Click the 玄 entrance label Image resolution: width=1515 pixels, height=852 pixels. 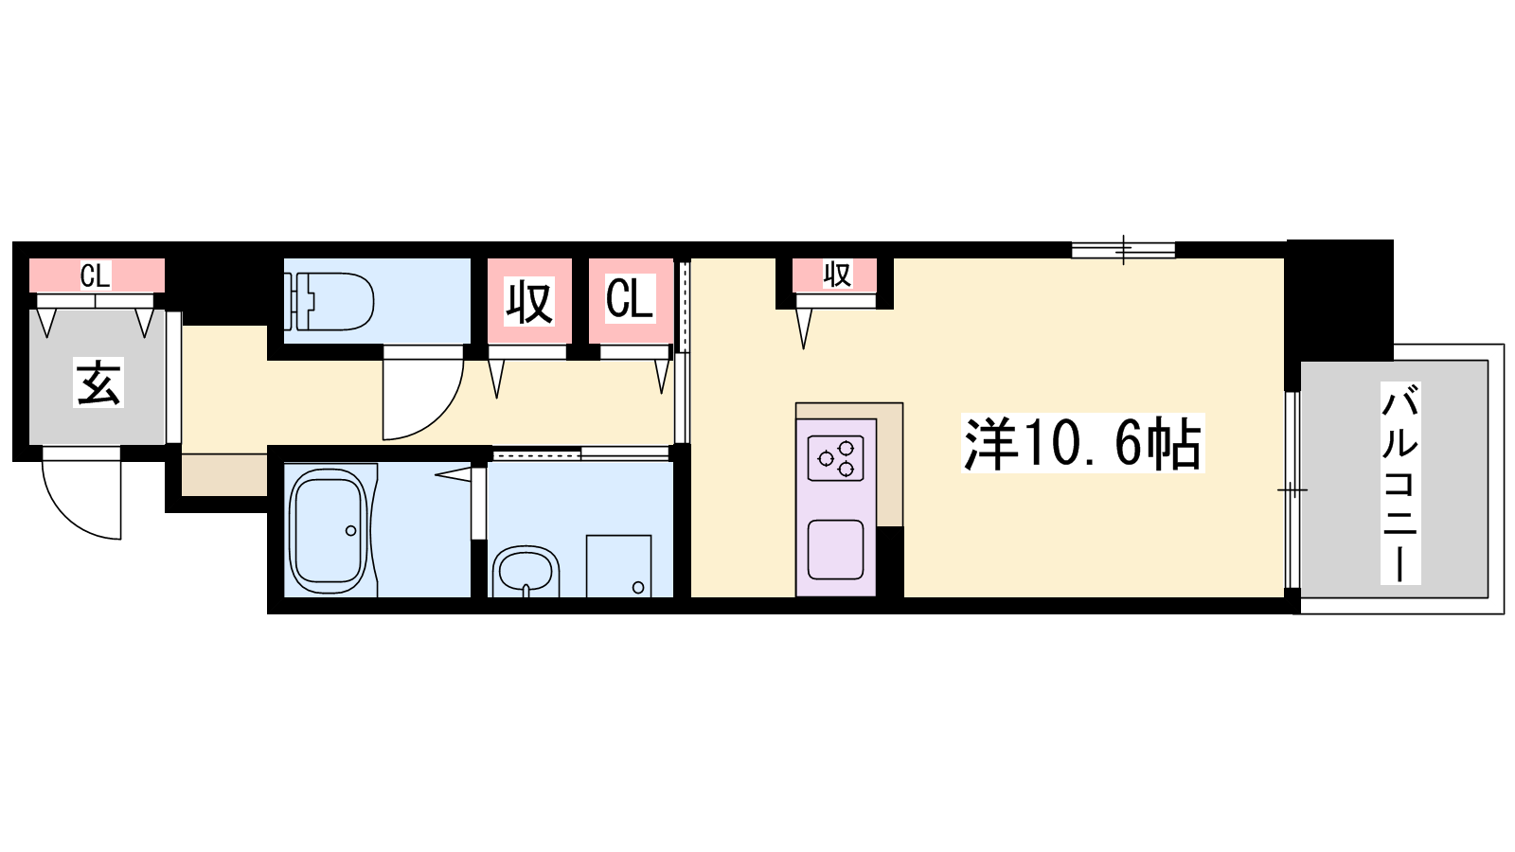pos(98,384)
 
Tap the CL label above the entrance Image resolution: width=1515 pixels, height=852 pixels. pos(95,275)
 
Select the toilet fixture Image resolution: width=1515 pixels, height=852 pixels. pos(330,302)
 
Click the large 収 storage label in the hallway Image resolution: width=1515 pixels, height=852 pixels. pos(529,302)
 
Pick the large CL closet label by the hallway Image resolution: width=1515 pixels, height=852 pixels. pos(630,298)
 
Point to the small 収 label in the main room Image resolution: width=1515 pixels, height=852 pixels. pos(837,275)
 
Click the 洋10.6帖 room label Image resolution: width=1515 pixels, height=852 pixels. pos(1082,443)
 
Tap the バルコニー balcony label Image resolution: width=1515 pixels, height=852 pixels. pos(1400,483)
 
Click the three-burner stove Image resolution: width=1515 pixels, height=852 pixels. pos(836,458)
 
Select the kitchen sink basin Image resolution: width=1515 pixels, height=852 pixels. pos(836,549)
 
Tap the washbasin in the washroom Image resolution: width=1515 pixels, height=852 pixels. pos(526,572)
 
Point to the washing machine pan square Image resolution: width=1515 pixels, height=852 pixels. pos(619,566)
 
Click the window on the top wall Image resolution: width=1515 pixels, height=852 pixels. pos(1123,250)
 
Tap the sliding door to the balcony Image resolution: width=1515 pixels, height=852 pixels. pos(1292,489)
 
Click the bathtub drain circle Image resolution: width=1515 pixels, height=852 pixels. pos(351,531)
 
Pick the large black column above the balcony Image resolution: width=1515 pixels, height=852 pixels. pos(1340,300)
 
